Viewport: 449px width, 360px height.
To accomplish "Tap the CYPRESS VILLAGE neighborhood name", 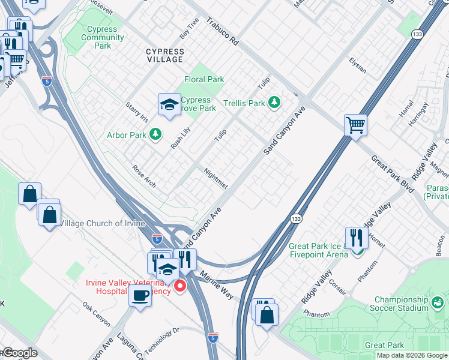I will tap(165, 56).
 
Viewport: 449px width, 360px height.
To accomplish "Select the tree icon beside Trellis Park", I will tap(274, 103).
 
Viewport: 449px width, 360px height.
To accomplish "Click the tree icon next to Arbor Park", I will tap(155, 134).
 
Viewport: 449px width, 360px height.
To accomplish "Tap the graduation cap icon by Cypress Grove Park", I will tap(169, 105).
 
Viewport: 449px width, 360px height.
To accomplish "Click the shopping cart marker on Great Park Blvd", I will tap(355, 125).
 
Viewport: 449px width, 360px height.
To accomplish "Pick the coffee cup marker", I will tap(140, 296).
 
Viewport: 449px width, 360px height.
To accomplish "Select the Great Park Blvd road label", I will tap(393, 173).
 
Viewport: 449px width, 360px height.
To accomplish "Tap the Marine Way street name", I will tap(217, 284).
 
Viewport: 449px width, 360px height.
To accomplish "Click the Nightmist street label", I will tap(215, 178).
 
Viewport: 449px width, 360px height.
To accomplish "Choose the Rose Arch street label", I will tap(144, 176).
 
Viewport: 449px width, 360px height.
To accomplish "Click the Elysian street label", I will tap(357, 65).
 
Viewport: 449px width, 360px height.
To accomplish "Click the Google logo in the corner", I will tap(19, 353).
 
